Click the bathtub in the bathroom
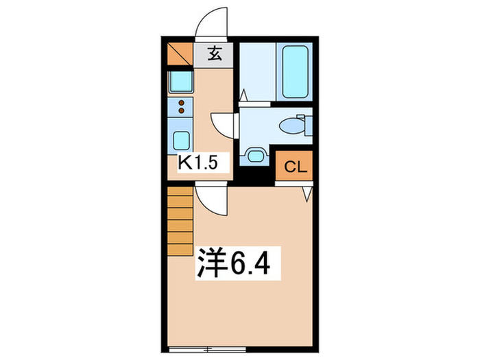point(296,71)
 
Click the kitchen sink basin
point(181,83)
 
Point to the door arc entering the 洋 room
point(208,200)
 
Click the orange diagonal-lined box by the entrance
point(180,54)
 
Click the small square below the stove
point(182,139)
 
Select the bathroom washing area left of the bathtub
point(256,71)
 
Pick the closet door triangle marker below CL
point(308,193)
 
